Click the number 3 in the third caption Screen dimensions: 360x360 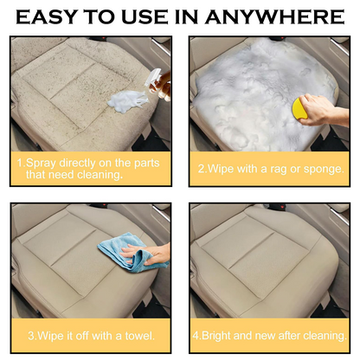click(x=32, y=335)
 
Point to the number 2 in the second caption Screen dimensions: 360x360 click(x=201, y=168)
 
